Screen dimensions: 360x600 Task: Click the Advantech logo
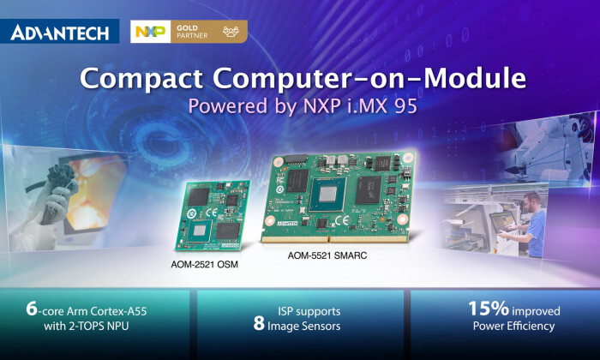click(61, 33)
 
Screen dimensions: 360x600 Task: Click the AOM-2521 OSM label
click(204, 264)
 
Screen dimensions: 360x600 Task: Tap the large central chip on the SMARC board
click(336, 195)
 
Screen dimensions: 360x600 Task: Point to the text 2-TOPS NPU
click(106, 326)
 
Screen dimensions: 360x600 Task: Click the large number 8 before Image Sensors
click(259, 326)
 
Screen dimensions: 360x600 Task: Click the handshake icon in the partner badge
click(231, 33)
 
